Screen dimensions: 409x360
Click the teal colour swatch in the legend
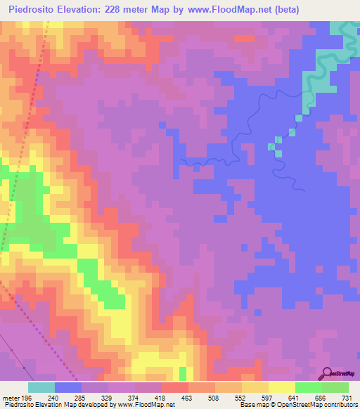(x=41, y=387)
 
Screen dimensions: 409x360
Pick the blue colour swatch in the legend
(x=68, y=387)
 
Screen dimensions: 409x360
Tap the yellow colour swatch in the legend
(x=281, y=387)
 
